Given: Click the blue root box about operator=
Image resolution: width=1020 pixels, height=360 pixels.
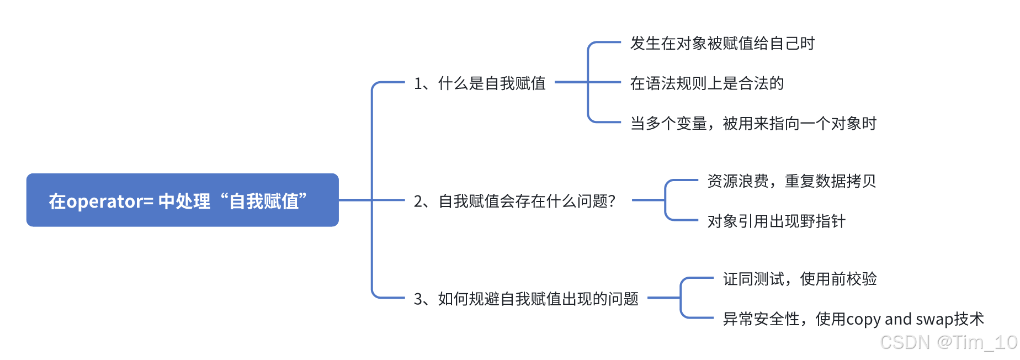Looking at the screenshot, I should point(182,200).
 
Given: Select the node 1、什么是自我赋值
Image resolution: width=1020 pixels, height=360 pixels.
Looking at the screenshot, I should point(480,83).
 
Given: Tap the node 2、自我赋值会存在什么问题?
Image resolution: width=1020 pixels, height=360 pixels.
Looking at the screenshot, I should point(514,201).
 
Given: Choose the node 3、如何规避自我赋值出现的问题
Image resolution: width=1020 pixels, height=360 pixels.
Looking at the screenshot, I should point(526,299).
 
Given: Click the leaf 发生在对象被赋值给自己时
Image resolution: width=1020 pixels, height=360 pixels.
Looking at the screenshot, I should point(722,43).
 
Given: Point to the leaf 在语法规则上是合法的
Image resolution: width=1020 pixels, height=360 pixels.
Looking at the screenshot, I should point(706,83).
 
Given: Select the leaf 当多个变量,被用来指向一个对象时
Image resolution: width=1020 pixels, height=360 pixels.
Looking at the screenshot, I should point(753,124).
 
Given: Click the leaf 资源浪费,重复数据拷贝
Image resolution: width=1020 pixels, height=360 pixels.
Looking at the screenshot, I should point(791,181).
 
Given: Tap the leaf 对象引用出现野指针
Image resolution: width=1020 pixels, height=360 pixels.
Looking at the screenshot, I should point(776,221).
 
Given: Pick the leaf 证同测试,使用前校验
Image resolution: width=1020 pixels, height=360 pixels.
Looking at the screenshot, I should point(800,279).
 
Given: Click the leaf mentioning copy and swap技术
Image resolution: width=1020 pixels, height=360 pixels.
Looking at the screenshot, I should point(853,319).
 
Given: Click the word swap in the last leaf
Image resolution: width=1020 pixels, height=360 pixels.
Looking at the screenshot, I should point(931,320).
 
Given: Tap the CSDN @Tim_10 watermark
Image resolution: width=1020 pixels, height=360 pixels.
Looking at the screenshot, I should point(948,342).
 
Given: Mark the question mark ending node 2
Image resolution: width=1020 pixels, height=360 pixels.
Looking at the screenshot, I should point(611,201).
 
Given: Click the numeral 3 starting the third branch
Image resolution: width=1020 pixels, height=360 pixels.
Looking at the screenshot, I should point(418,299).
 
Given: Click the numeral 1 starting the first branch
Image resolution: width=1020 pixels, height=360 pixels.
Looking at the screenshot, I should point(418,83).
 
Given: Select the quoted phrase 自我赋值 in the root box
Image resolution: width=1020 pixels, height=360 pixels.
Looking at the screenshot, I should point(264,202).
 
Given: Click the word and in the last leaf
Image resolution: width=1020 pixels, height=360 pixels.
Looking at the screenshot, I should point(898,319).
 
